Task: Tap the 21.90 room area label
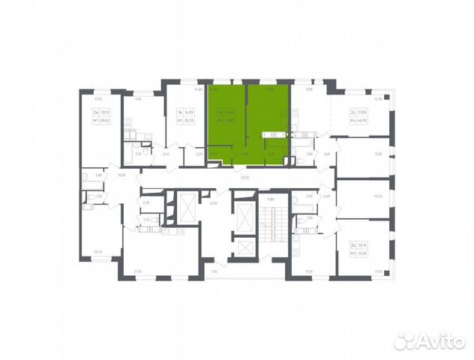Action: tap(137, 271)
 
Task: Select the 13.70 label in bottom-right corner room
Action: tap(378, 271)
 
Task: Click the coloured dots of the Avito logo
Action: tap(405, 341)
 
